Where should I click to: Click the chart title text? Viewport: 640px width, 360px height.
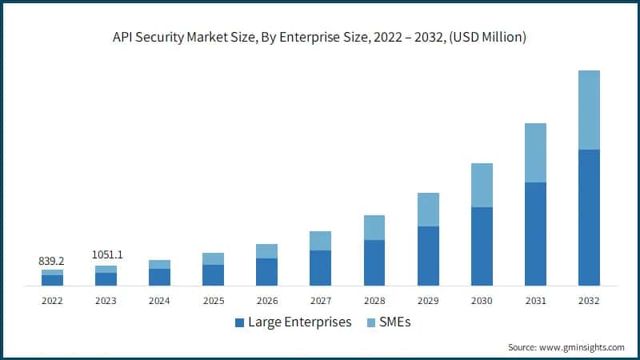[x=320, y=37]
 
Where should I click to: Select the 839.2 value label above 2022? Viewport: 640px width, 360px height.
[x=52, y=261]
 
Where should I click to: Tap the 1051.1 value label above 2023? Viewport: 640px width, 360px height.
[x=106, y=255]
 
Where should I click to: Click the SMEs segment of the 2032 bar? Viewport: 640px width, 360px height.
[x=588, y=110]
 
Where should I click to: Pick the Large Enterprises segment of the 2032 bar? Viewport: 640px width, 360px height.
[x=588, y=218]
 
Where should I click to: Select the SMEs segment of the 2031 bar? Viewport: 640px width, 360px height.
[x=534, y=153]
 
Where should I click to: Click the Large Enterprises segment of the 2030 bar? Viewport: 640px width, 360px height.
[x=482, y=246]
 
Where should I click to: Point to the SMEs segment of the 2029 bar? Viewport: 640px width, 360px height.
[x=428, y=210]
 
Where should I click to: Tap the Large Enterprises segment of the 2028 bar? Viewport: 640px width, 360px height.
[x=374, y=262]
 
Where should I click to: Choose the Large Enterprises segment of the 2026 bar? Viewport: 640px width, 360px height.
[x=266, y=272]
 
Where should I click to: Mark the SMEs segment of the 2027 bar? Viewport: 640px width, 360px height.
[x=320, y=241]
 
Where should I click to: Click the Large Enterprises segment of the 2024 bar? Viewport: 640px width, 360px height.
[x=159, y=277]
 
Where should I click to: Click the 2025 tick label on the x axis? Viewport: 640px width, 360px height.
[x=213, y=301]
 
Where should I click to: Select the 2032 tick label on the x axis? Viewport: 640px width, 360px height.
[x=588, y=301]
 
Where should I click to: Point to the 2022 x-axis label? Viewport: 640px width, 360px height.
[x=52, y=301]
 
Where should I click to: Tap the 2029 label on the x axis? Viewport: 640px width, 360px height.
[x=428, y=301]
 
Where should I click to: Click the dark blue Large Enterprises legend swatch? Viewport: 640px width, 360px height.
[x=239, y=323]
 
